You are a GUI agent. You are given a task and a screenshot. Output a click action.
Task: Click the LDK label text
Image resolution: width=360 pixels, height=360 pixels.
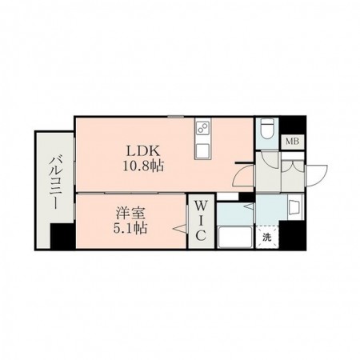(x=143, y=151)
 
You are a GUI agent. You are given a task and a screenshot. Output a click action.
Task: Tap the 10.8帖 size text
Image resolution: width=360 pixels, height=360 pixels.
(x=143, y=166)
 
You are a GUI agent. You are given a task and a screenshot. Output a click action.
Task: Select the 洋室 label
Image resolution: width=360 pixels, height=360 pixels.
(x=130, y=214)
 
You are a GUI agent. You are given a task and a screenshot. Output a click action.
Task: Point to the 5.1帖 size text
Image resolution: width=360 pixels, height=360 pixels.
(x=130, y=228)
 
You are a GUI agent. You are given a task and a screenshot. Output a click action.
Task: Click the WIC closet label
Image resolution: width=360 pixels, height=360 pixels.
(x=201, y=221)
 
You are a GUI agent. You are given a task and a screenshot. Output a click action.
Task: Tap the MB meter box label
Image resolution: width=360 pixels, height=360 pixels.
(x=293, y=142)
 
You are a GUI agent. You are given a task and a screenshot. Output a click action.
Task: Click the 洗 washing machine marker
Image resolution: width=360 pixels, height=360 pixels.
(x=266, y=237)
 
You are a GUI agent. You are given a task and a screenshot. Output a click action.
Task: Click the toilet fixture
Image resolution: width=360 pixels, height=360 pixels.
(x=266, y=129)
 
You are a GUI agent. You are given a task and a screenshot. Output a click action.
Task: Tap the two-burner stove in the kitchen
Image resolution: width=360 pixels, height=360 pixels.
(x=203, y=128)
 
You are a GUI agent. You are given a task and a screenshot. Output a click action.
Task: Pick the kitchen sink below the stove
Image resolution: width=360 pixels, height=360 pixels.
(x=203, y=150)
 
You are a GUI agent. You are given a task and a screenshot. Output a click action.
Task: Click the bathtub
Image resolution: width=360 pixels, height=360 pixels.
(x=235, y=237)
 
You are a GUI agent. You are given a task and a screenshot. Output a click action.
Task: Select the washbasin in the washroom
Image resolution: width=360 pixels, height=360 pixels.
(x=295, y=206)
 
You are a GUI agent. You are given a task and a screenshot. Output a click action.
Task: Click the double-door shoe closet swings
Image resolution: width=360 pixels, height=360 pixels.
(x=293, y=166)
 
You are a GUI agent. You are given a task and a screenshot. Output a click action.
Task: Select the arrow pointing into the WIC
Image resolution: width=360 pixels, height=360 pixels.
(x=180, y=229)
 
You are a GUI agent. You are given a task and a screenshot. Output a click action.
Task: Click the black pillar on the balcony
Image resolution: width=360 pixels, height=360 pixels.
(x=62, y=236)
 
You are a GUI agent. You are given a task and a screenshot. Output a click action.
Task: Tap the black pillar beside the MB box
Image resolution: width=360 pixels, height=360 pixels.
(x=293, y=126)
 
